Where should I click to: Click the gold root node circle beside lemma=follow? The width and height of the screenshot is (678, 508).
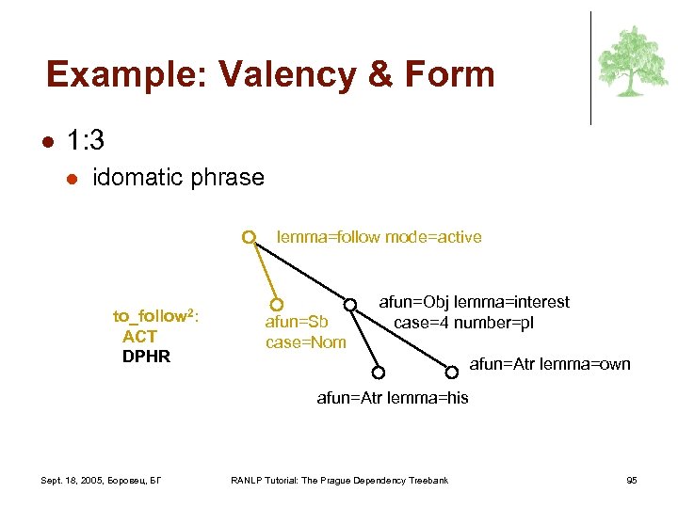click(249, 237)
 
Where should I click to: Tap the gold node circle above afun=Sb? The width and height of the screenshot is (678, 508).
click(276, 305)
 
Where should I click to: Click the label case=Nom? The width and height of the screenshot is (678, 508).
click(305, 342)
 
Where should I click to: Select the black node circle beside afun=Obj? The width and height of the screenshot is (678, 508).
click(349, 304)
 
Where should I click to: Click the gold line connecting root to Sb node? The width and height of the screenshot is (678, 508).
click(263, 271)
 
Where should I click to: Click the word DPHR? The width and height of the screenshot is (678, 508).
click(146, 357)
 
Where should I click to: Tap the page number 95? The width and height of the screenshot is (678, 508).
click(631, 481)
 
